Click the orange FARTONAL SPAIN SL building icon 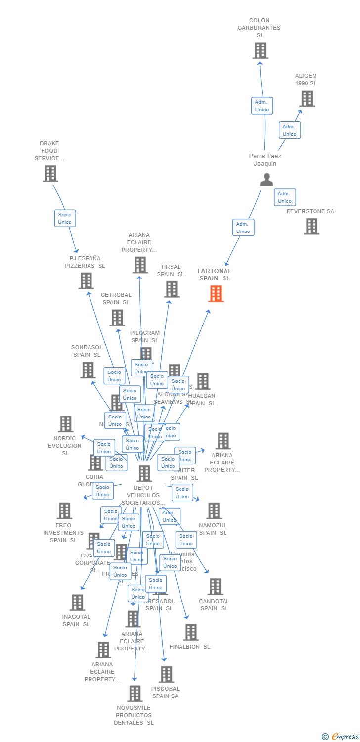click(216, 293)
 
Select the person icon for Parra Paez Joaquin click(267, 180)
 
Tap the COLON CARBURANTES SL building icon click(260, 50)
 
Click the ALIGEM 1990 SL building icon click(307, 99)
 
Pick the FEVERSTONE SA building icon click(311, 226)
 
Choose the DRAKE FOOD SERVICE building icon click(50, 174)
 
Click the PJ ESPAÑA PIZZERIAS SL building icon click(86, 281)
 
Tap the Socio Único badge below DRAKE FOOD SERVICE click(65, 218)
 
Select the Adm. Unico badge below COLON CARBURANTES click(262, 106)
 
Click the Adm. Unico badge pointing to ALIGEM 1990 click(289, 130)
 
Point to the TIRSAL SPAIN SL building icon click(172, 289)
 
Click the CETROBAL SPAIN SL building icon click(117, 318)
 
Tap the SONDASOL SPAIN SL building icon click(88, 370)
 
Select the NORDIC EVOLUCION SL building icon click(66, 424)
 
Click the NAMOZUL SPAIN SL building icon click(214, 511)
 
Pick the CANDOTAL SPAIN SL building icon click(215, 587)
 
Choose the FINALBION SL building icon click(191, 632)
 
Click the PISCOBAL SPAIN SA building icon click(166, 674)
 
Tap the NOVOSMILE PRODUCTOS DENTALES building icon click(135, 694)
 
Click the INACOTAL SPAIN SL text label click(76, 620)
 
